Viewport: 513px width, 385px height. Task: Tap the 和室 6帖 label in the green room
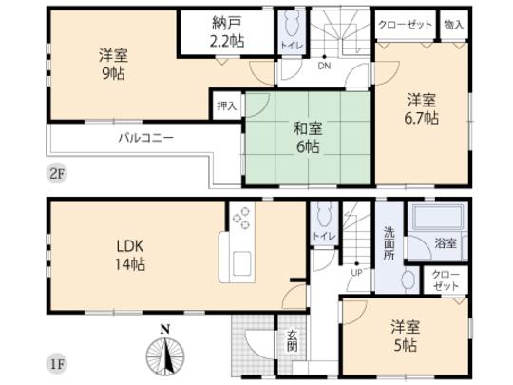(307, 139)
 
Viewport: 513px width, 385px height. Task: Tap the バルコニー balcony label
(145, 138)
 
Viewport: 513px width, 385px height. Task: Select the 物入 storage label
(454, 24)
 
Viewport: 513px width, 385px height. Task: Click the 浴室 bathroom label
(446, 244)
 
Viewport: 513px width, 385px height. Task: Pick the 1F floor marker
(60, 362)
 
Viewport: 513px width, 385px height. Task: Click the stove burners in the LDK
(241, 219)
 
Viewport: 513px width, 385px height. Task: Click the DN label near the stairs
(323, 67)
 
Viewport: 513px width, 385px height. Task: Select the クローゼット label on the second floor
(407, 24)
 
